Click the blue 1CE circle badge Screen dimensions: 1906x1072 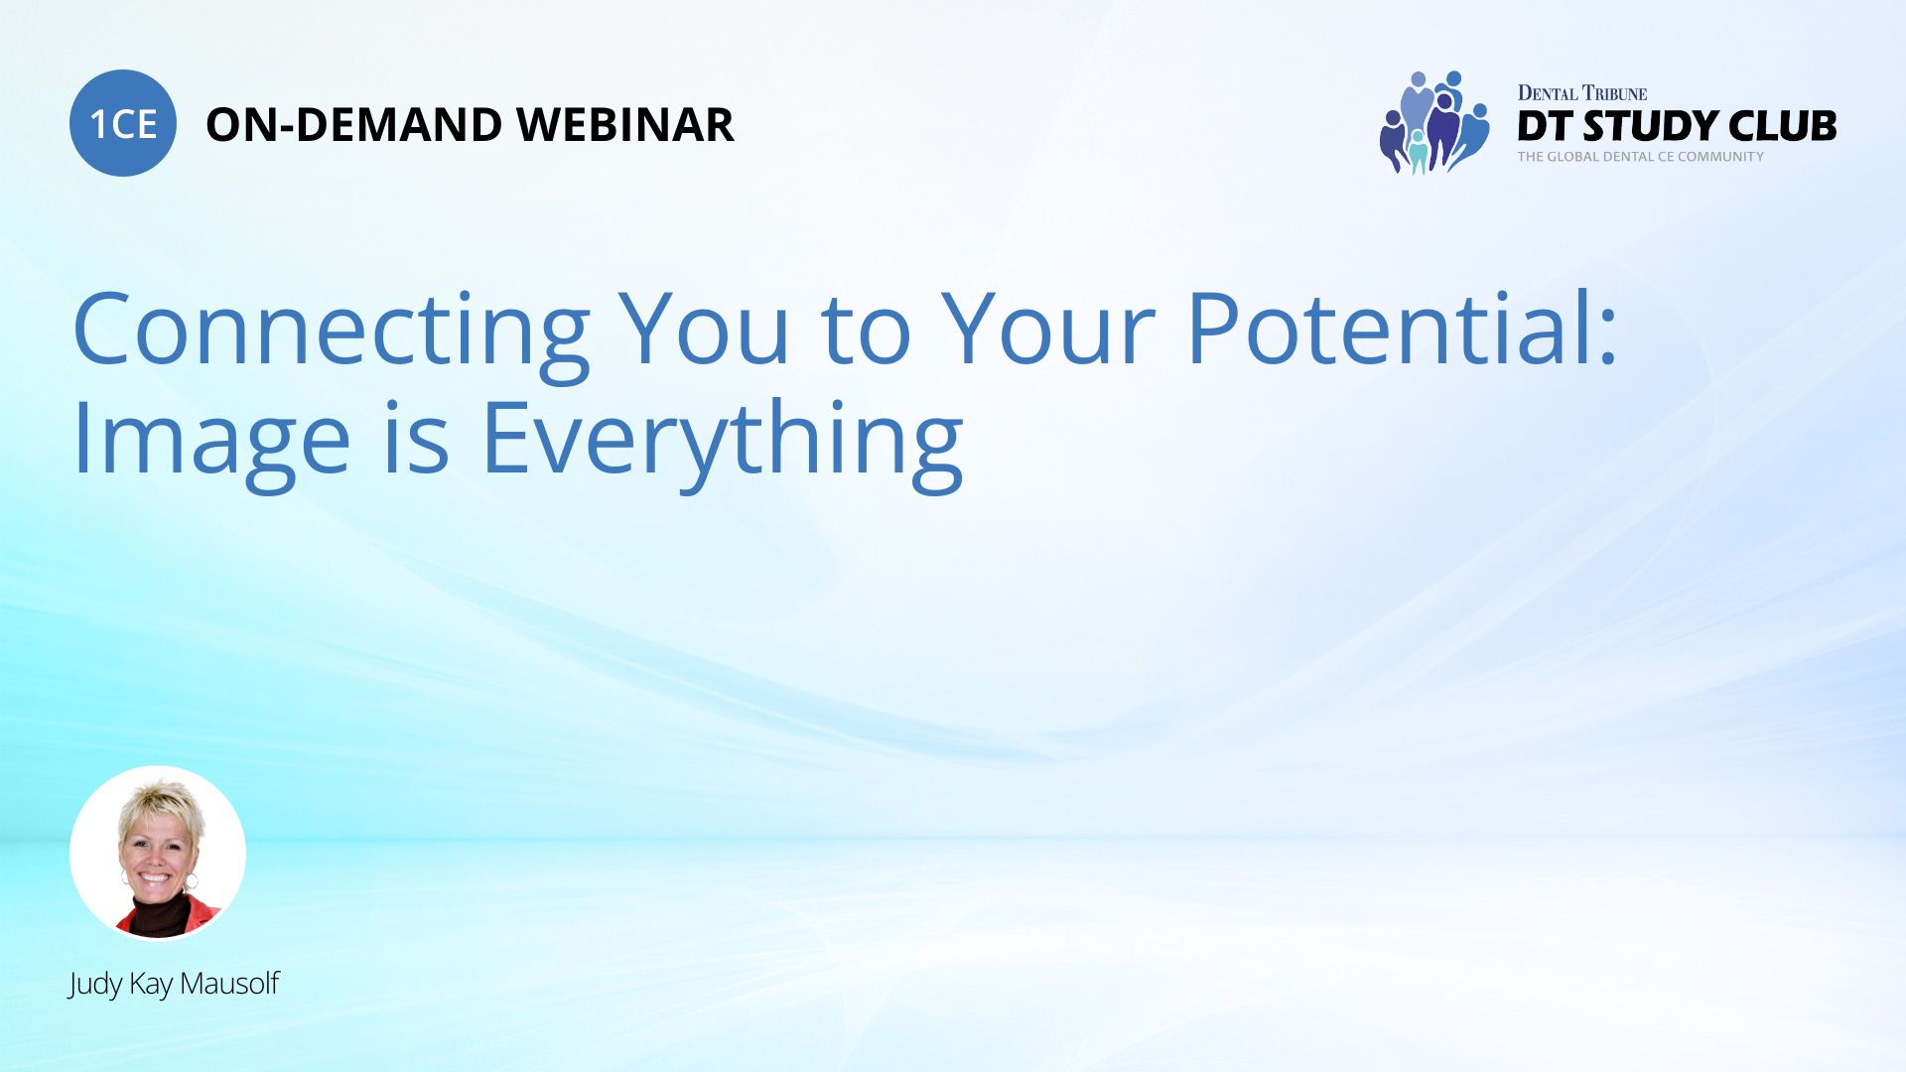[123, 123]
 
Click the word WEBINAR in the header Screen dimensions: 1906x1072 [625, 125]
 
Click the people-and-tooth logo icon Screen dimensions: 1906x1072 [1434, 123]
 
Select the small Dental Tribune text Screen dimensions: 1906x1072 [1582, 93]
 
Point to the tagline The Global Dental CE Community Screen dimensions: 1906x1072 [1641, 157]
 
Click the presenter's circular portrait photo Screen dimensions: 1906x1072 [158, 853]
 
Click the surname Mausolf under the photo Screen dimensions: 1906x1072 [229, 984]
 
